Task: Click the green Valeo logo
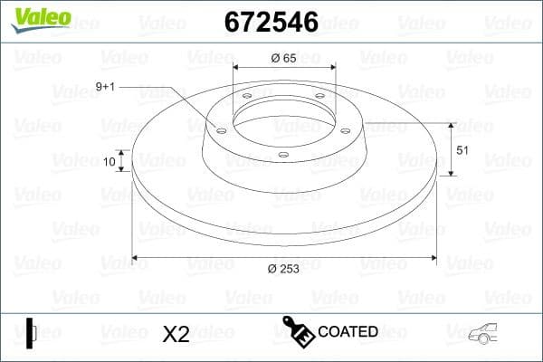coord(39,17)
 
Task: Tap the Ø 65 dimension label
coord(284,59)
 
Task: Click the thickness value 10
coord(110,162)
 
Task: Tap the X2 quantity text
coord(175,334)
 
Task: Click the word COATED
coord(348,332)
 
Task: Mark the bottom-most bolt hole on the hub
coord(283,155)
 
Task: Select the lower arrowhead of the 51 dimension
coord(452,173)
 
